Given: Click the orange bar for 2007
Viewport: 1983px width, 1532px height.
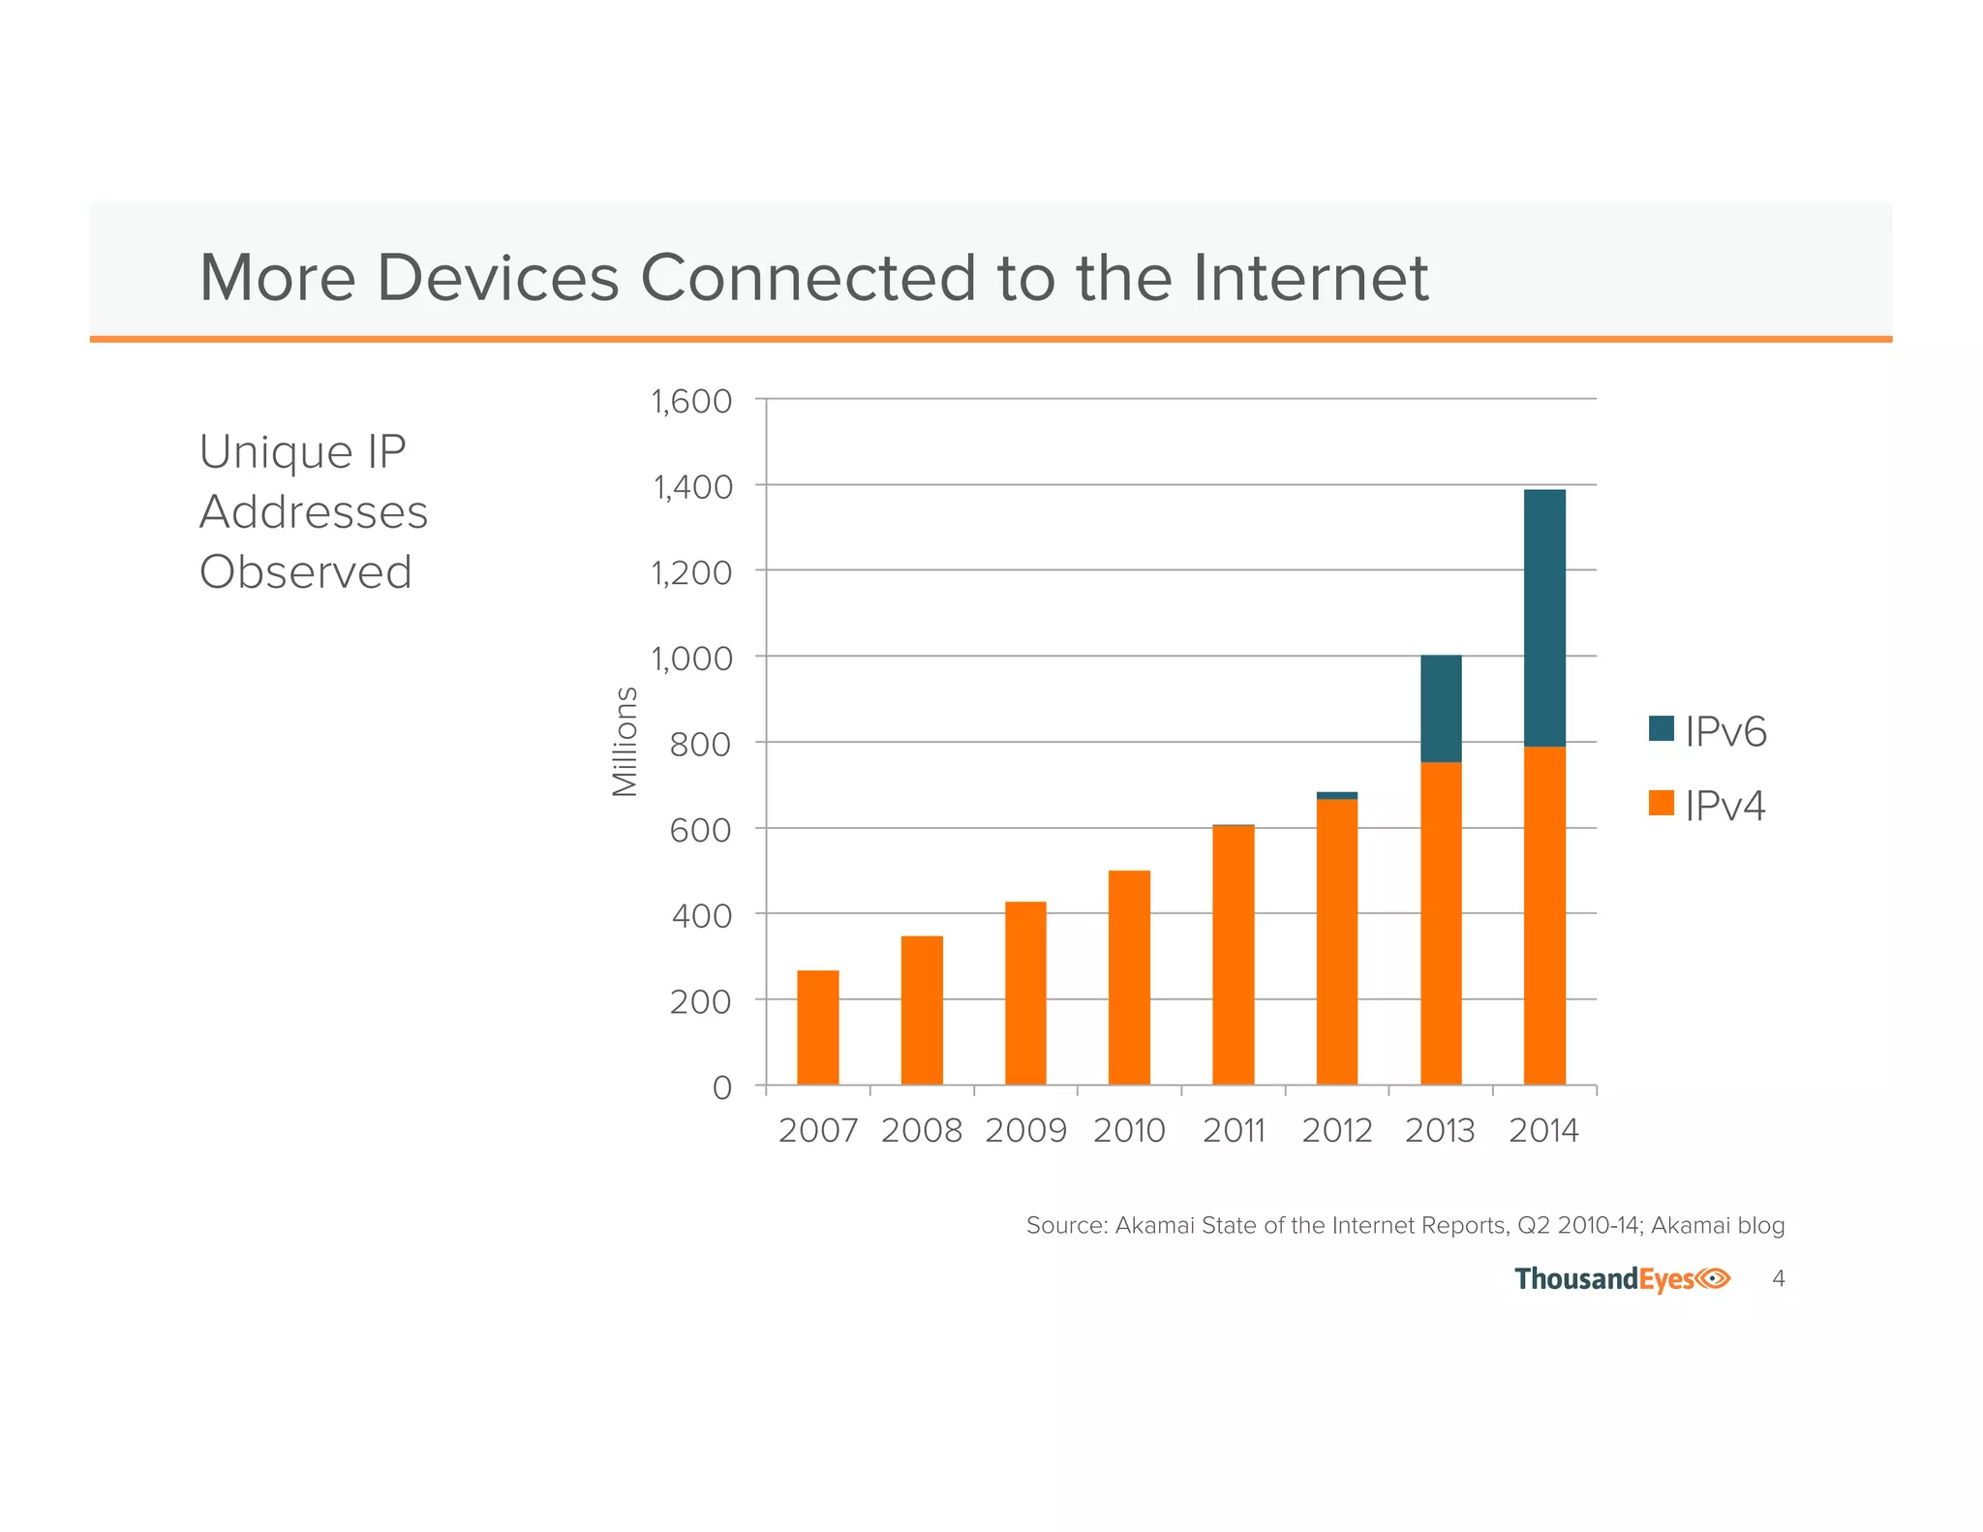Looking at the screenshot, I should point(817,1027).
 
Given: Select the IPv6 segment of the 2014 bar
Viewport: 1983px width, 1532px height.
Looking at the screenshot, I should point(1544,618).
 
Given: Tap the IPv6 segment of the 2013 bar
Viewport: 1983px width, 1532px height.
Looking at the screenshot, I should point(1441,708).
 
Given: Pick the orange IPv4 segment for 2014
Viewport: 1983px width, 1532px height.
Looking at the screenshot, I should point(1544,915).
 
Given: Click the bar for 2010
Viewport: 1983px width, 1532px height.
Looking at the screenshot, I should point(1129,977).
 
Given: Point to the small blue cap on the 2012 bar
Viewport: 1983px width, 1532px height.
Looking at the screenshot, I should point(1337,795).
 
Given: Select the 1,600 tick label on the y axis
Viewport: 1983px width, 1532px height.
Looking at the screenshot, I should point(691,401).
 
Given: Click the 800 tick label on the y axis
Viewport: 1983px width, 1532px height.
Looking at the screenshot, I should point(700,745).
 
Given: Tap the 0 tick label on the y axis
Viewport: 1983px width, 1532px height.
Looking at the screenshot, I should point(721,1088).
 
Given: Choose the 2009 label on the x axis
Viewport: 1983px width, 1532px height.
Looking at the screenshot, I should point(1025,1131).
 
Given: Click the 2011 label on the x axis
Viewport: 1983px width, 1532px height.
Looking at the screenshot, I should point(1234,1131).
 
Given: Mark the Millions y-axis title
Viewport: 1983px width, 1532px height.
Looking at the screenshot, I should point(625,741).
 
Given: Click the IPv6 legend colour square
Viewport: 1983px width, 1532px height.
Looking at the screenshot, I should point(1662,728).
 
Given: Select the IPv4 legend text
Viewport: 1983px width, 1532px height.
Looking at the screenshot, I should point(1725,806).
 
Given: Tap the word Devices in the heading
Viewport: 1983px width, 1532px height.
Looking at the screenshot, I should point(498,278).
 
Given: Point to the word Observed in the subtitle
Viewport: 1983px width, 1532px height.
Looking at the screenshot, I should point(306,571).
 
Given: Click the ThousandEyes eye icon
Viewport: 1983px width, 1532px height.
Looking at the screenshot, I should point(1714,1278).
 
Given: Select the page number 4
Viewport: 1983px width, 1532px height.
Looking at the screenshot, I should point(1778,1278).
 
